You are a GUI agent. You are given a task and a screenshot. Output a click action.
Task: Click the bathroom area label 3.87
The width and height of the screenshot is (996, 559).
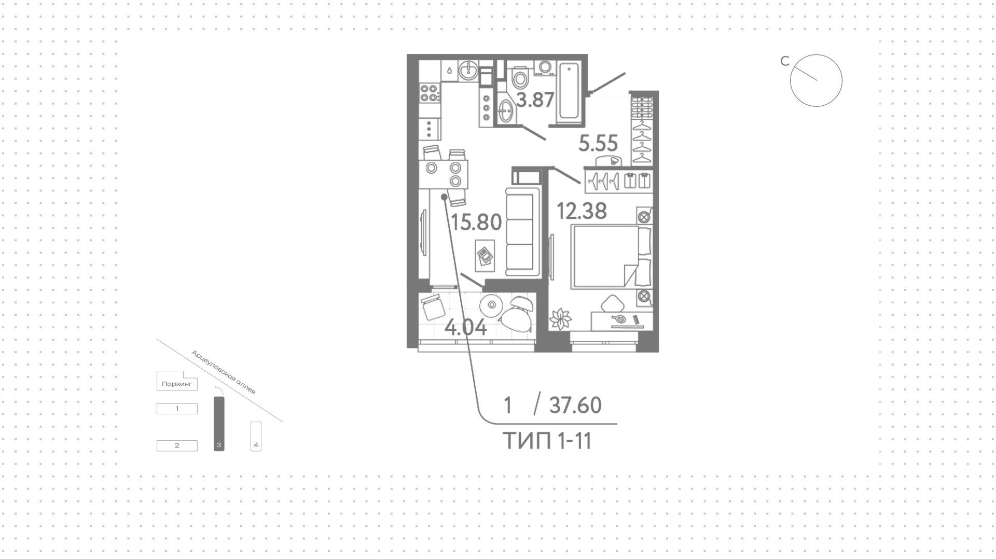[535, 100]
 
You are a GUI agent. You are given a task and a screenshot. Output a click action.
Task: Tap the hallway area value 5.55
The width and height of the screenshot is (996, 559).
[598, 143]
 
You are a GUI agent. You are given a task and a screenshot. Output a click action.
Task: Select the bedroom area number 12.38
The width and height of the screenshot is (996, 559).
[582, 211]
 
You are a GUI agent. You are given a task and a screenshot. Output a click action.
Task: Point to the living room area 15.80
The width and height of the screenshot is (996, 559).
[476, 222]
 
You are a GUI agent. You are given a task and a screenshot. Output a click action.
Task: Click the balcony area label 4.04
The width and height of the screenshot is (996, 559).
[466, 328]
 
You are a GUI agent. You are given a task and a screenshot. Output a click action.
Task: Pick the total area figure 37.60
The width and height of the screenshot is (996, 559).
[575, 405]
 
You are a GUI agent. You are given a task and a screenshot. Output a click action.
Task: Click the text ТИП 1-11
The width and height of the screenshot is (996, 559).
[547, 441]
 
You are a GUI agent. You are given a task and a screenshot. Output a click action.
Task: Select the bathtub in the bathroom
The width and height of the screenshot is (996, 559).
[569, 92]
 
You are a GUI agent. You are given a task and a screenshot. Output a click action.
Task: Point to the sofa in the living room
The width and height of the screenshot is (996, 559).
[522, 232]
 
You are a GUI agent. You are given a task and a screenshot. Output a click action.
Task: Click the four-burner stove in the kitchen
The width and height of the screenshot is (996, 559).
[430, 93]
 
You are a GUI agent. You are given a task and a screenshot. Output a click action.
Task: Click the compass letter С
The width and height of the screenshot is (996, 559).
[785, 61]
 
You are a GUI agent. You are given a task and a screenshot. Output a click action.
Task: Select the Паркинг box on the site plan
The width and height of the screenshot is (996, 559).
[177, 382]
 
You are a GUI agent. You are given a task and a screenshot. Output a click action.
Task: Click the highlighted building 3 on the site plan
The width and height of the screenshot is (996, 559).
[219, 423]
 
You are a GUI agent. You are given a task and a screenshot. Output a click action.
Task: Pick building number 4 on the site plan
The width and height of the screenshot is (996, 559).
[256, 436]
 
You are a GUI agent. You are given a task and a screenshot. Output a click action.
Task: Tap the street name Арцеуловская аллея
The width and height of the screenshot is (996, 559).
[224, 372]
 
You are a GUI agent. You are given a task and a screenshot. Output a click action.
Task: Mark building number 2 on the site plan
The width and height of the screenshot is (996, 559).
[177, 445]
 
